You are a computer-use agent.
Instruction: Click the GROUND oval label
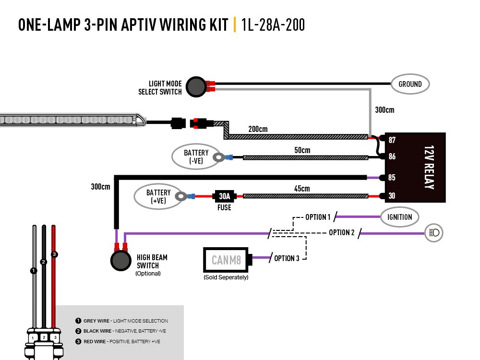coord(410,84)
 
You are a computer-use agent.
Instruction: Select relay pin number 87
coord(392,140)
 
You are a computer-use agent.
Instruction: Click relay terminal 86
coord(392,156)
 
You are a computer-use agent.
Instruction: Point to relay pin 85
coord(392,178)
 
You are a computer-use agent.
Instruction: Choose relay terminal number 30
coord(392,196)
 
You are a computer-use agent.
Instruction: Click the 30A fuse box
coord(224,196)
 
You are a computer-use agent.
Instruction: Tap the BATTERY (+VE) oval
coord(158,196)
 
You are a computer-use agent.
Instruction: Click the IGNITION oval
coord(399,217)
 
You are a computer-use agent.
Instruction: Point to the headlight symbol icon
coord(434,233)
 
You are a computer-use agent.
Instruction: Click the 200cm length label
coord(258,129)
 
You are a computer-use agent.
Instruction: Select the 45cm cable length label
coord(302,189)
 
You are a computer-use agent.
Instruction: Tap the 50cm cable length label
coord(302,150)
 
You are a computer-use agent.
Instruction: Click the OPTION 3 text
coord(287,258)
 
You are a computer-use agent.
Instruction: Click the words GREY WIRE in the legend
coord(97,321)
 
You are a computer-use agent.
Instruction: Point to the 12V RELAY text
coord(429,167)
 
